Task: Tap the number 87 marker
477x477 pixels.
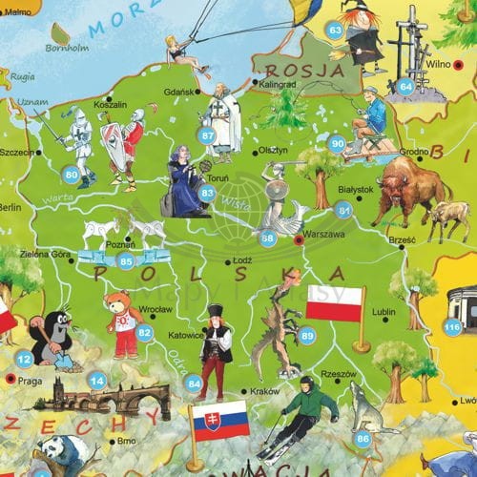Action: (208, 135)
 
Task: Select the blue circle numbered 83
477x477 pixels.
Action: (207, 193)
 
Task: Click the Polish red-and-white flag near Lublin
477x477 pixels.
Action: (335, 302)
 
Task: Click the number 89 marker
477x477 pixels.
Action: (306, 336)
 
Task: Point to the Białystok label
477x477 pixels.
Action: (358, 191)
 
